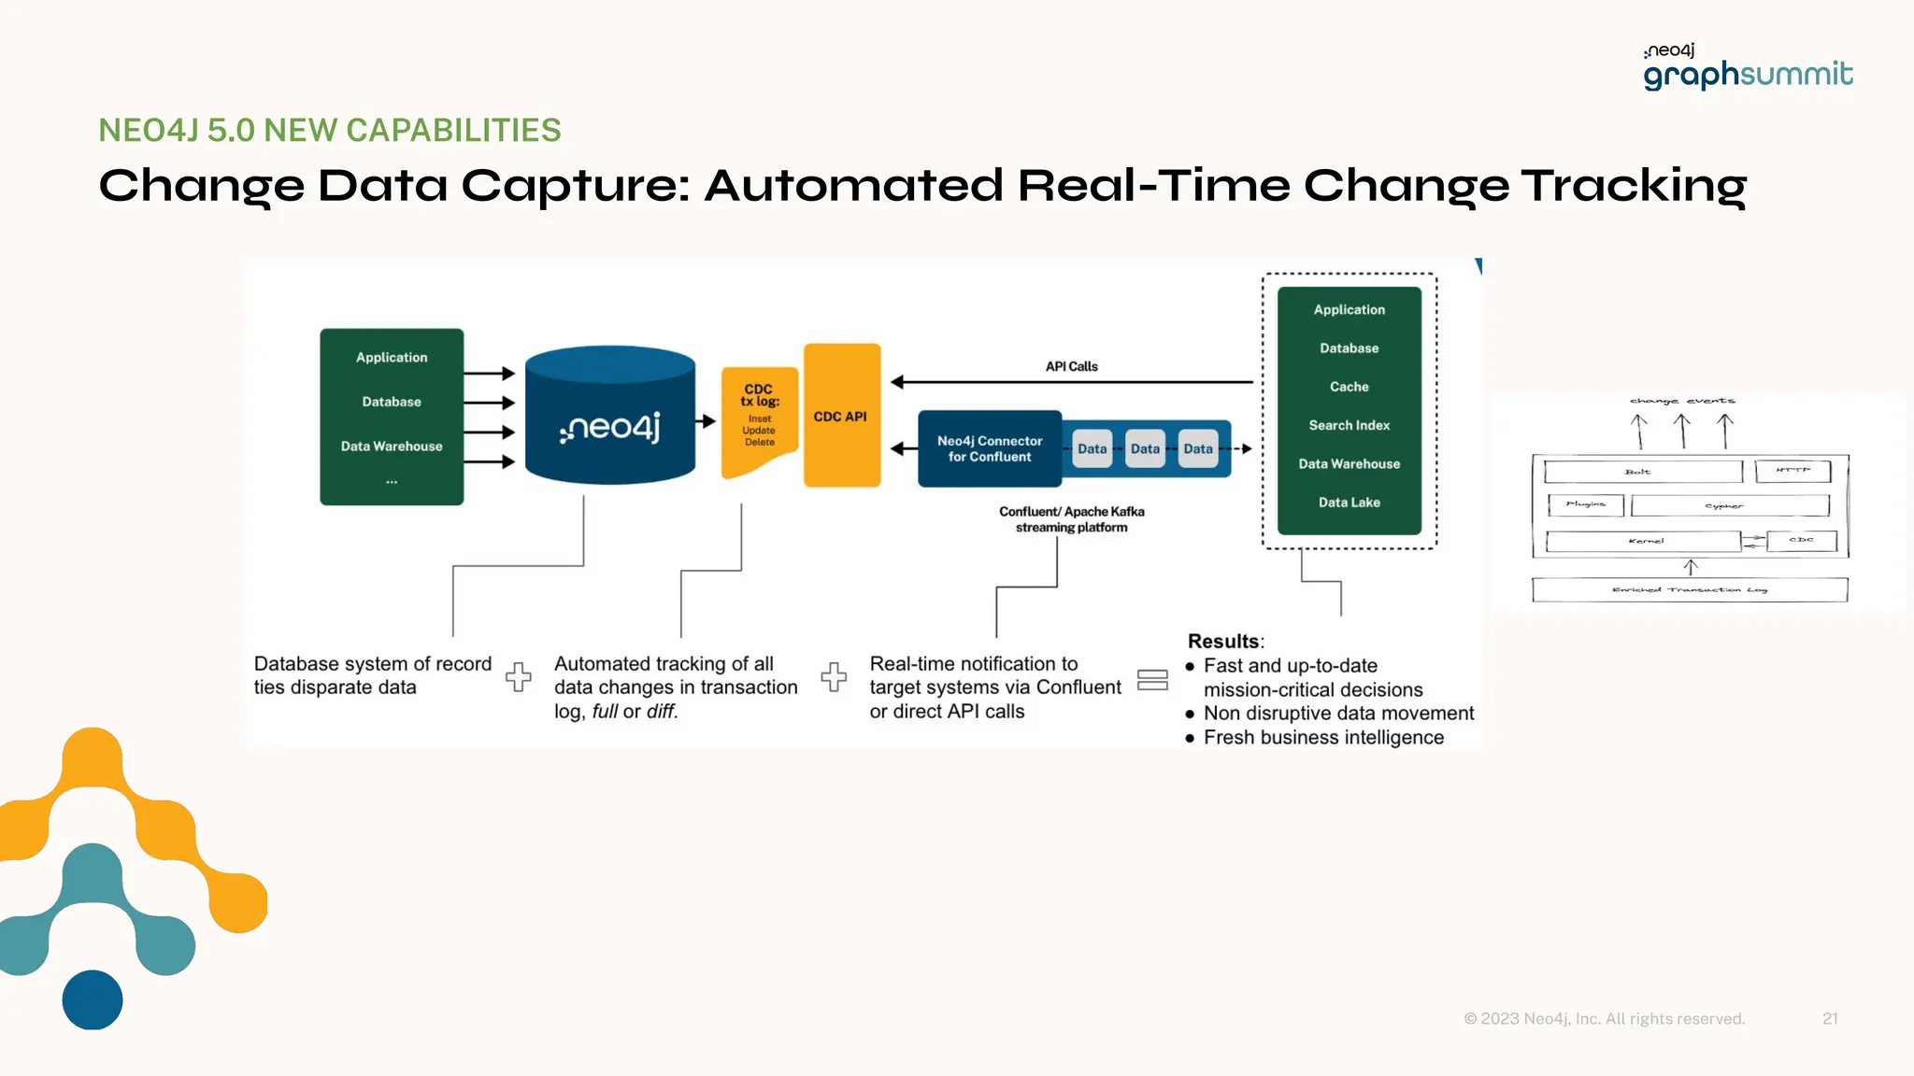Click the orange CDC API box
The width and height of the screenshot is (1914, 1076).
(x=841, y=416)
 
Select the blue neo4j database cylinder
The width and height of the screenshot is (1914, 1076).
(x=609, y=418)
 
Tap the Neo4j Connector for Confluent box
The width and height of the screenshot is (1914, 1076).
(x=990, y=449)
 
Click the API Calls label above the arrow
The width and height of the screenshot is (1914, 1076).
(x=1071, y=366)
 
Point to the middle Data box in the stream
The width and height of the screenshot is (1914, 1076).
(x=1145, y=449)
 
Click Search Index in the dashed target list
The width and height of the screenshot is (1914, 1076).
(x=1349, y=425)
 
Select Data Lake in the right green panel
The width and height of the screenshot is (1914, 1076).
(x=1349, y=503)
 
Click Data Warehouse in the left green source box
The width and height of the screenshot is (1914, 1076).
(x=392, y=446)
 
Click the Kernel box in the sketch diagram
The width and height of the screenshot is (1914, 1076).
(x=1644, y=541)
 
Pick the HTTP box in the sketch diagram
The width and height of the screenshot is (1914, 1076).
(x=1792, y=471)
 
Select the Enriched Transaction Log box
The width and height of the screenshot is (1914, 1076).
(x=1689, y=589)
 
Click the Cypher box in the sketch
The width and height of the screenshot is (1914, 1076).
(x=1729, y=506)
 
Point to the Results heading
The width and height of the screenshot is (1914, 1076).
(x=1224, y=642)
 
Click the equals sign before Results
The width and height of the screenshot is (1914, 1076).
(x=1152, y=680)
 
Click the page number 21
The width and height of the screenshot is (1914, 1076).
(x=1830, y=1019)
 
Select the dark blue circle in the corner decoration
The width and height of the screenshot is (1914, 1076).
(x=93, y=999)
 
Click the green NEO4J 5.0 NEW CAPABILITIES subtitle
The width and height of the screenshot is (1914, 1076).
(x=329, y=131)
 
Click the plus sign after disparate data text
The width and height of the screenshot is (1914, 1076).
(x=519, y=676)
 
